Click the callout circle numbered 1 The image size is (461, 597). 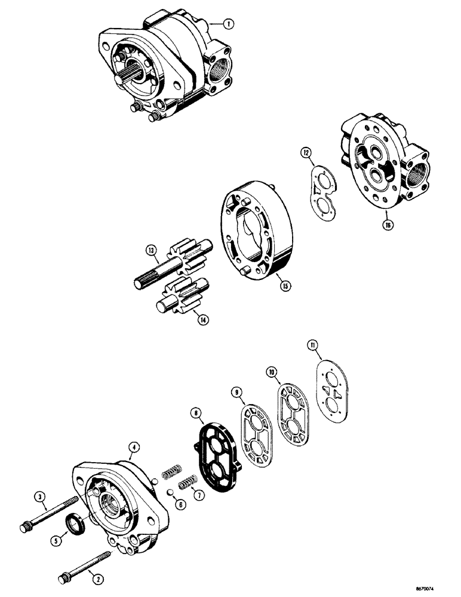(x=228, y=24)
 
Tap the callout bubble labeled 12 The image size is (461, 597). (x=305, y=155)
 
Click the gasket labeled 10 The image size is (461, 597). (x=293, y=418)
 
